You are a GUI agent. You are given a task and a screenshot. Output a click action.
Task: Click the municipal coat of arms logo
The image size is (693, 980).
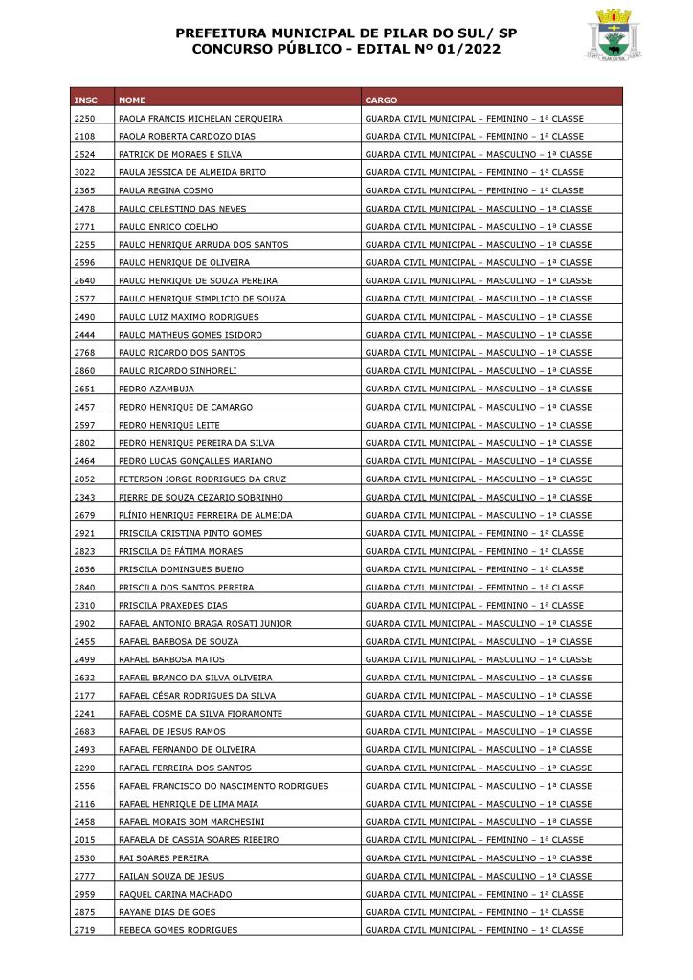click(612, 34)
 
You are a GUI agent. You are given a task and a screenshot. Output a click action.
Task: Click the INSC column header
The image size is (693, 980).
click(84, 100)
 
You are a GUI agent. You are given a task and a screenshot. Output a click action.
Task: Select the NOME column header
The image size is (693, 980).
click(132, 100)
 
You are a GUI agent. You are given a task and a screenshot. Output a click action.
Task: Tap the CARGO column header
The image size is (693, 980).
click(381, 100)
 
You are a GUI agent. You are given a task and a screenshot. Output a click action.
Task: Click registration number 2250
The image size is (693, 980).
click(83, 119)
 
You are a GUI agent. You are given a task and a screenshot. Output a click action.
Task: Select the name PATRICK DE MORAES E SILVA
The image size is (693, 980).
click(180, 154)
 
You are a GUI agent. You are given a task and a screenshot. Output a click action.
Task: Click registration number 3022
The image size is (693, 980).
click(83, 172)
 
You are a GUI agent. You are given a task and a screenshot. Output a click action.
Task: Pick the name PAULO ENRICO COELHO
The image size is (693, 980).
click(168, 227)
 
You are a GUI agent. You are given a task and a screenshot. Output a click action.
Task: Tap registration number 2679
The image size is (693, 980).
click(83, 515)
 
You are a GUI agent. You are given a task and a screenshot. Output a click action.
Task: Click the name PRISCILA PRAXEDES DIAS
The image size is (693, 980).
click(173, 606)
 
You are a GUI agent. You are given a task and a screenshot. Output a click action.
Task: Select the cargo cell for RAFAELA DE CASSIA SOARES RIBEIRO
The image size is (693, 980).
click(474, 840)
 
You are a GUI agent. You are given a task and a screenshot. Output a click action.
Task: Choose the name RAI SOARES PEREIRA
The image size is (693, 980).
click(163, 858)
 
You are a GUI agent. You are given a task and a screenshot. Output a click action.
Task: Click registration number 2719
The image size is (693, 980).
click(83, 930)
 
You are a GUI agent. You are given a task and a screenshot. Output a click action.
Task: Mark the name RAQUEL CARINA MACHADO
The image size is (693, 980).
click(175, 894)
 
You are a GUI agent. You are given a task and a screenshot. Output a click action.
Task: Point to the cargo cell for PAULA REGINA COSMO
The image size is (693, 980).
click(474, 190)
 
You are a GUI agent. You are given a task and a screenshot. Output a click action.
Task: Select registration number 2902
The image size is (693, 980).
click(83, 624)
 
